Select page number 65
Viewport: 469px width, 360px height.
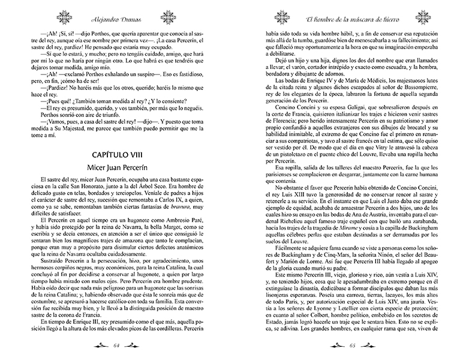tap(350, 346)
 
